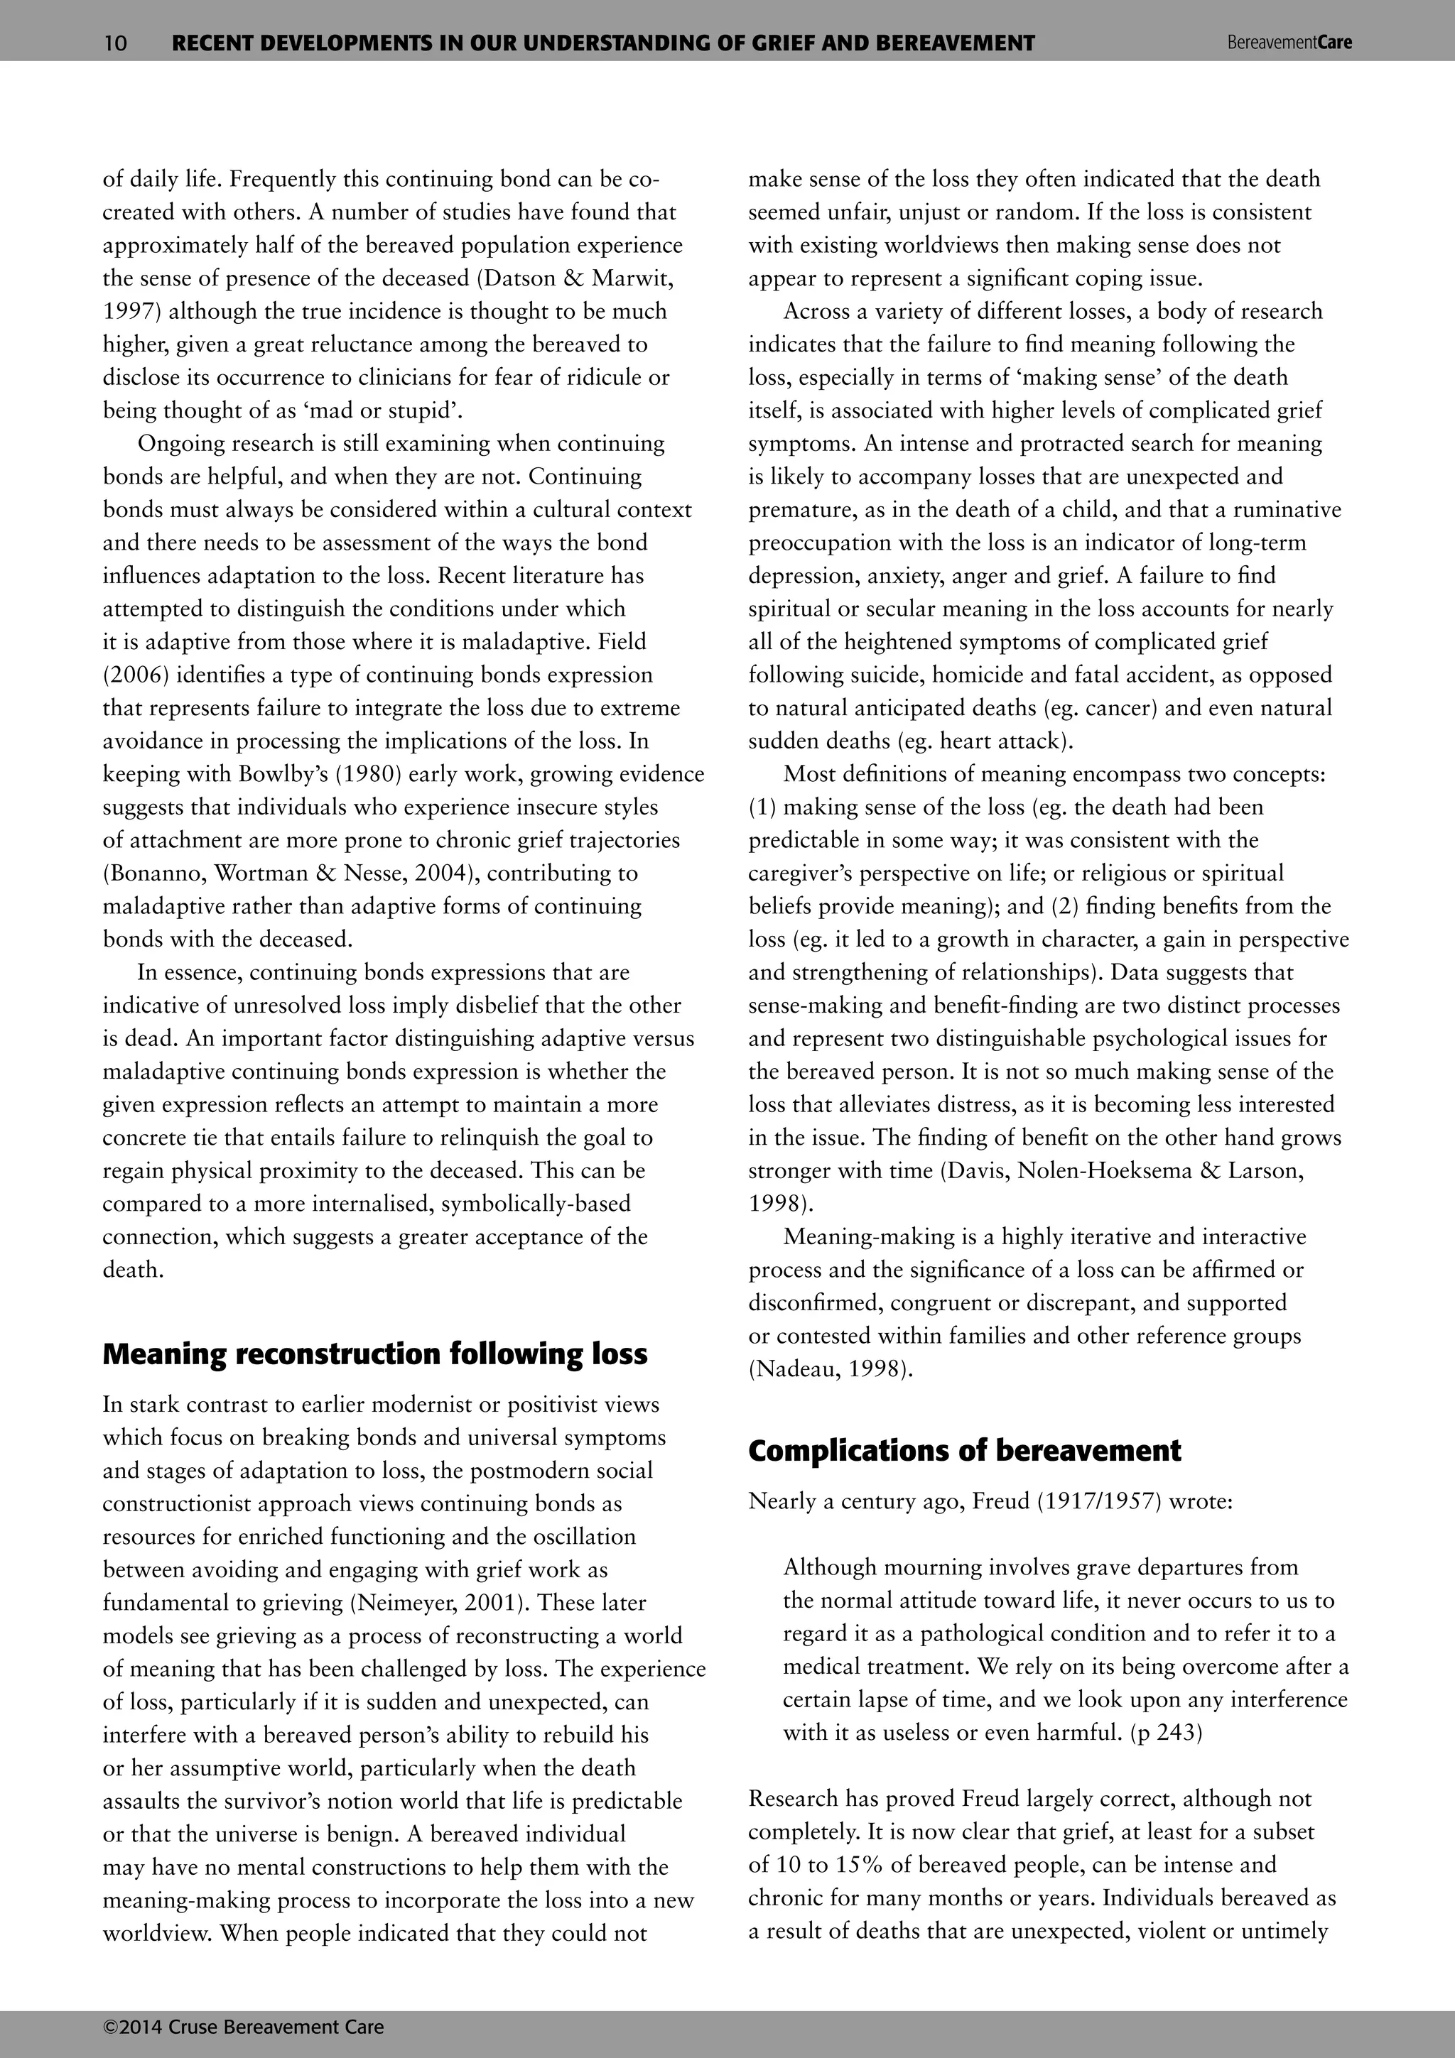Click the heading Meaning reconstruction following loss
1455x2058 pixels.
click(x=374, y=1354)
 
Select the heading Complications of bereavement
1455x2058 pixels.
click(x=965, y=1450)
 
